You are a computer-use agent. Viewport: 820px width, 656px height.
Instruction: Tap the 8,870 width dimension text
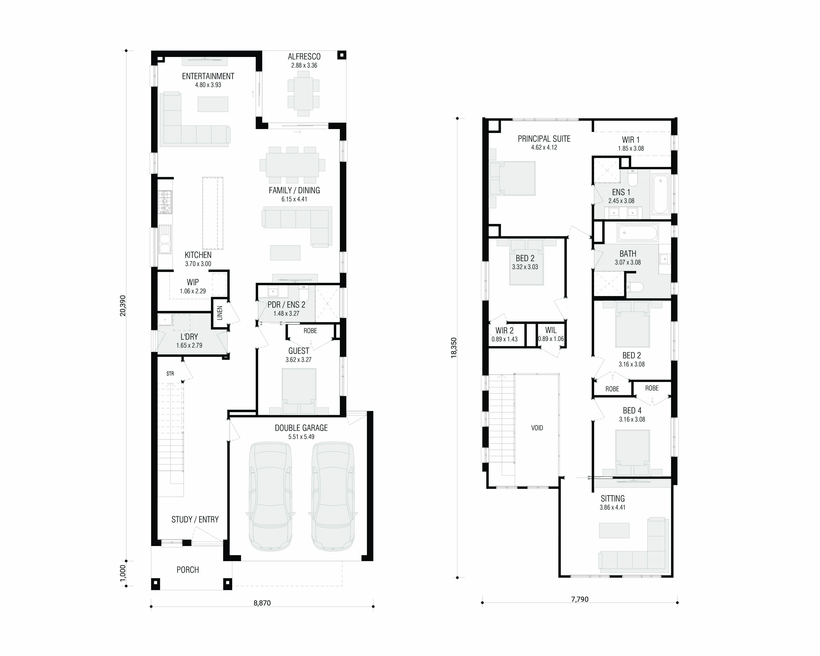point(262,603)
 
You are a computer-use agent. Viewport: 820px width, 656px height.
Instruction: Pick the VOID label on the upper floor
point(537,428)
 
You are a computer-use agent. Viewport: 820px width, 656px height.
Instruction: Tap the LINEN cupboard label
point(219,313)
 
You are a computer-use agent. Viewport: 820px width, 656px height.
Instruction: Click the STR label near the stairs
point(170,374)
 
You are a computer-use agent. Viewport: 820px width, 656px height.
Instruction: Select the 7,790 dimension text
point(580,599)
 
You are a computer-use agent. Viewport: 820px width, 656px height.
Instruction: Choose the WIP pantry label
point(193,282)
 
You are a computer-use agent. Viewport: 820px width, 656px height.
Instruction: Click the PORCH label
point(187,570)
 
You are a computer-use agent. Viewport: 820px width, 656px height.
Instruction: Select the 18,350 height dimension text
point(454,348)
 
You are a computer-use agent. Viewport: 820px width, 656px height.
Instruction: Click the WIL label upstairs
point(551,330)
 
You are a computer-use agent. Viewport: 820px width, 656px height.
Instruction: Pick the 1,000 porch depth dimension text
point(122,573)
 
